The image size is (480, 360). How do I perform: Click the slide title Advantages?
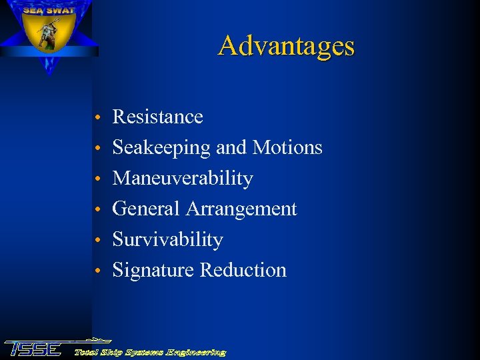286,46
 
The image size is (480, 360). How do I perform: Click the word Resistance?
157,117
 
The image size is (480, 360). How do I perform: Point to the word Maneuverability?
183,179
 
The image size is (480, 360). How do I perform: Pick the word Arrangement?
241,209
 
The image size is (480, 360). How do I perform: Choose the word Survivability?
167,239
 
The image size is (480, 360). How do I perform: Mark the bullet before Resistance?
97,118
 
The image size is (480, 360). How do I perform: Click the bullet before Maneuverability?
97,180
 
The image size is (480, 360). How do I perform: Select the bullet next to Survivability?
97,241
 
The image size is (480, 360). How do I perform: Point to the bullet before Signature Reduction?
97,271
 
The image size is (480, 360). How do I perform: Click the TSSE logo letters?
33,348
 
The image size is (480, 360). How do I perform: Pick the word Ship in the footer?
111,351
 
